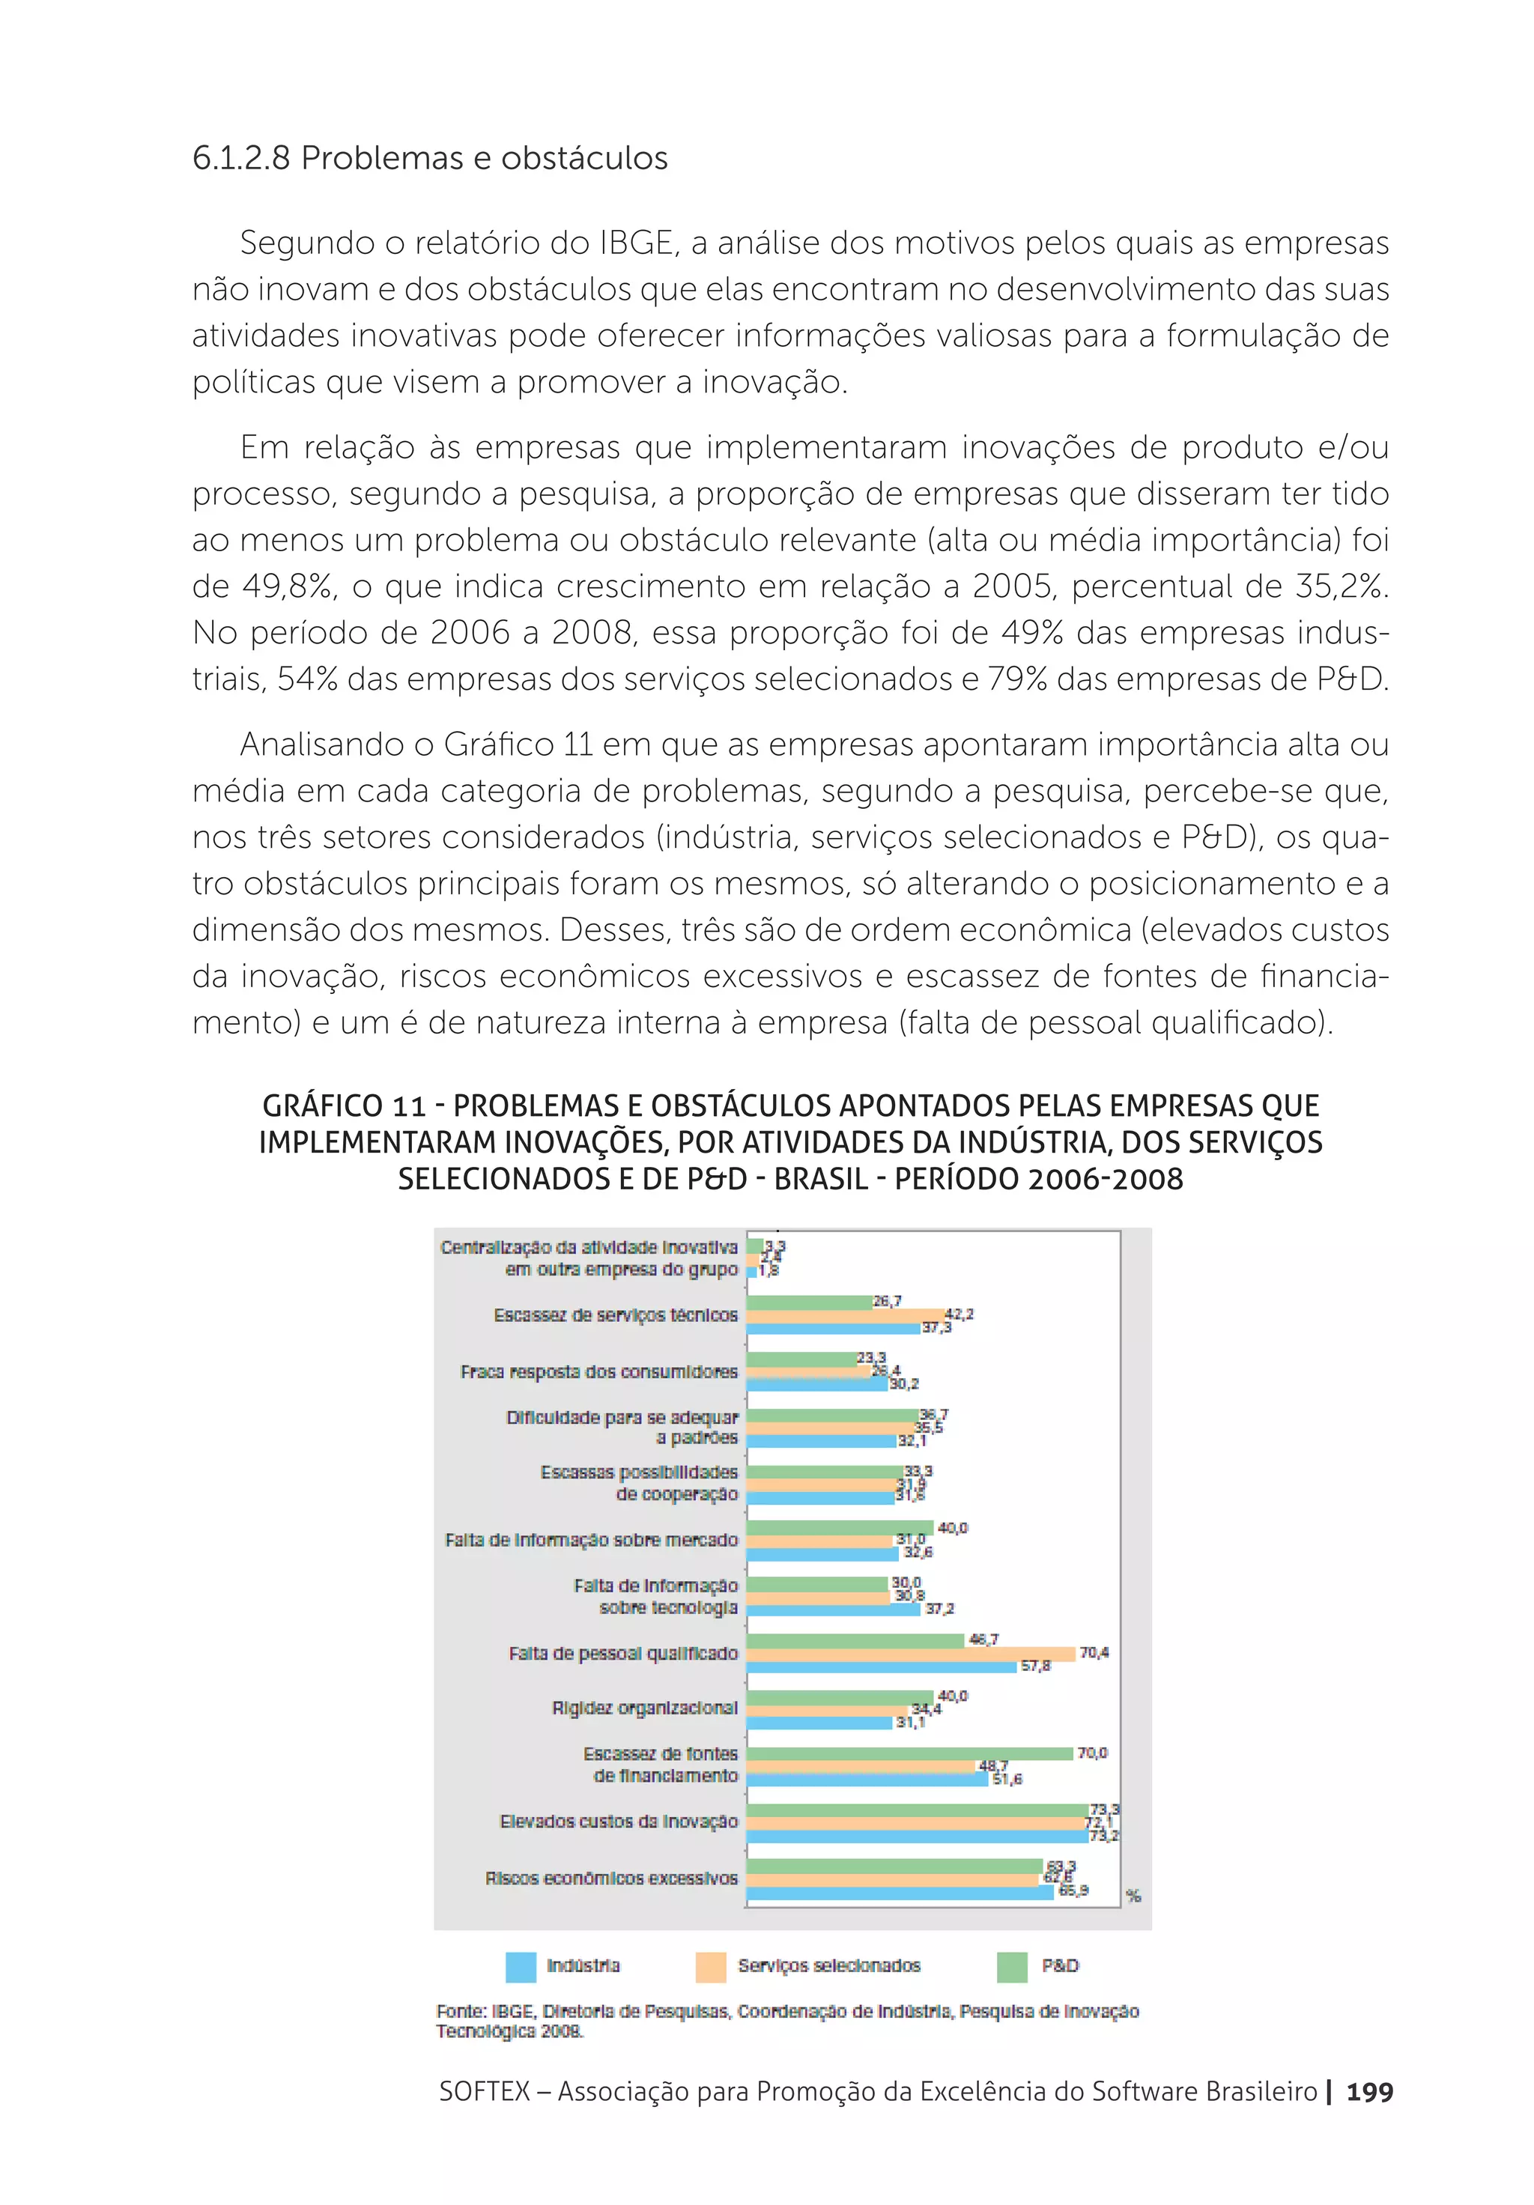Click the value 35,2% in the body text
1339,586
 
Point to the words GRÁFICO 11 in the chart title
344,1106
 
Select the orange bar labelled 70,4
911,1653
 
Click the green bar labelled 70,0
909,1753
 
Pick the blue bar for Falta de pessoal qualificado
881,1666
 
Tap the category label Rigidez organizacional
644,1708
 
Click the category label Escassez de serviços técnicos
616,1314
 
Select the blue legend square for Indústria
521,1966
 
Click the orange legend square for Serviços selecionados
710,1966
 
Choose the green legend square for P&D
1011,1966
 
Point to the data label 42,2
959,1314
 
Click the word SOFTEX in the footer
484,2092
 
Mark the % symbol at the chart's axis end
1133,1896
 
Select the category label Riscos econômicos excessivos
611,1878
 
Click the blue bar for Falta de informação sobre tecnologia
833,1609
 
